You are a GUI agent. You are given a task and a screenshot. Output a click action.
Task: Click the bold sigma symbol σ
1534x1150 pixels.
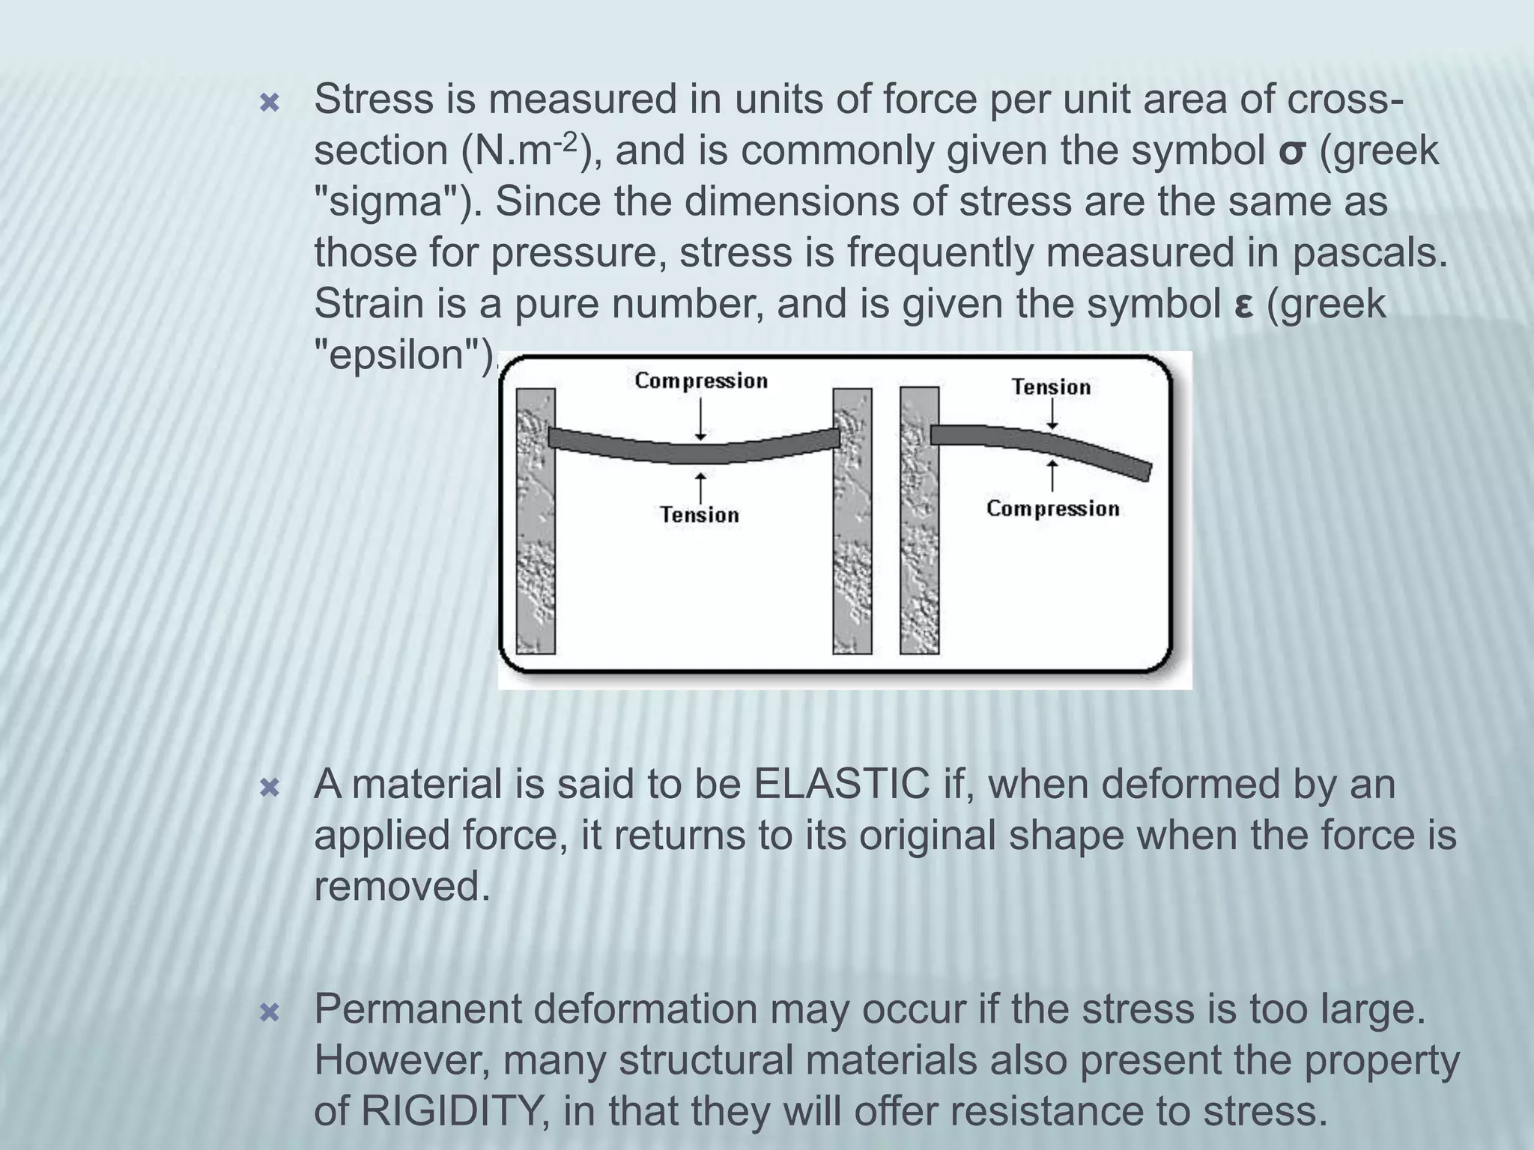click(1294, 153)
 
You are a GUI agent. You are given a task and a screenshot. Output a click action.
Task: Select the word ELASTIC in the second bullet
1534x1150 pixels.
click(842, 785)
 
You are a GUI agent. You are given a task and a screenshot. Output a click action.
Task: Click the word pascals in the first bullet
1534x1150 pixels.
click(1369, 253)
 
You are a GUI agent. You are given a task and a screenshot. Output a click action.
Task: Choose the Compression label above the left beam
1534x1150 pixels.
click(701, 381)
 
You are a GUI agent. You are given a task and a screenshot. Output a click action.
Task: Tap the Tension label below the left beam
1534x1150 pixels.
click(700, 515)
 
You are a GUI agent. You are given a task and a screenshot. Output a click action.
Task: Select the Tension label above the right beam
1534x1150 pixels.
click(1051, 387)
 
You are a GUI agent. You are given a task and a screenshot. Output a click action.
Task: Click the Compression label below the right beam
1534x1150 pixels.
click(1052, 509)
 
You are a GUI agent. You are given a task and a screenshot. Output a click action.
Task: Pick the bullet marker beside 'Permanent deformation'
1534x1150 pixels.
click(269, 1013)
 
